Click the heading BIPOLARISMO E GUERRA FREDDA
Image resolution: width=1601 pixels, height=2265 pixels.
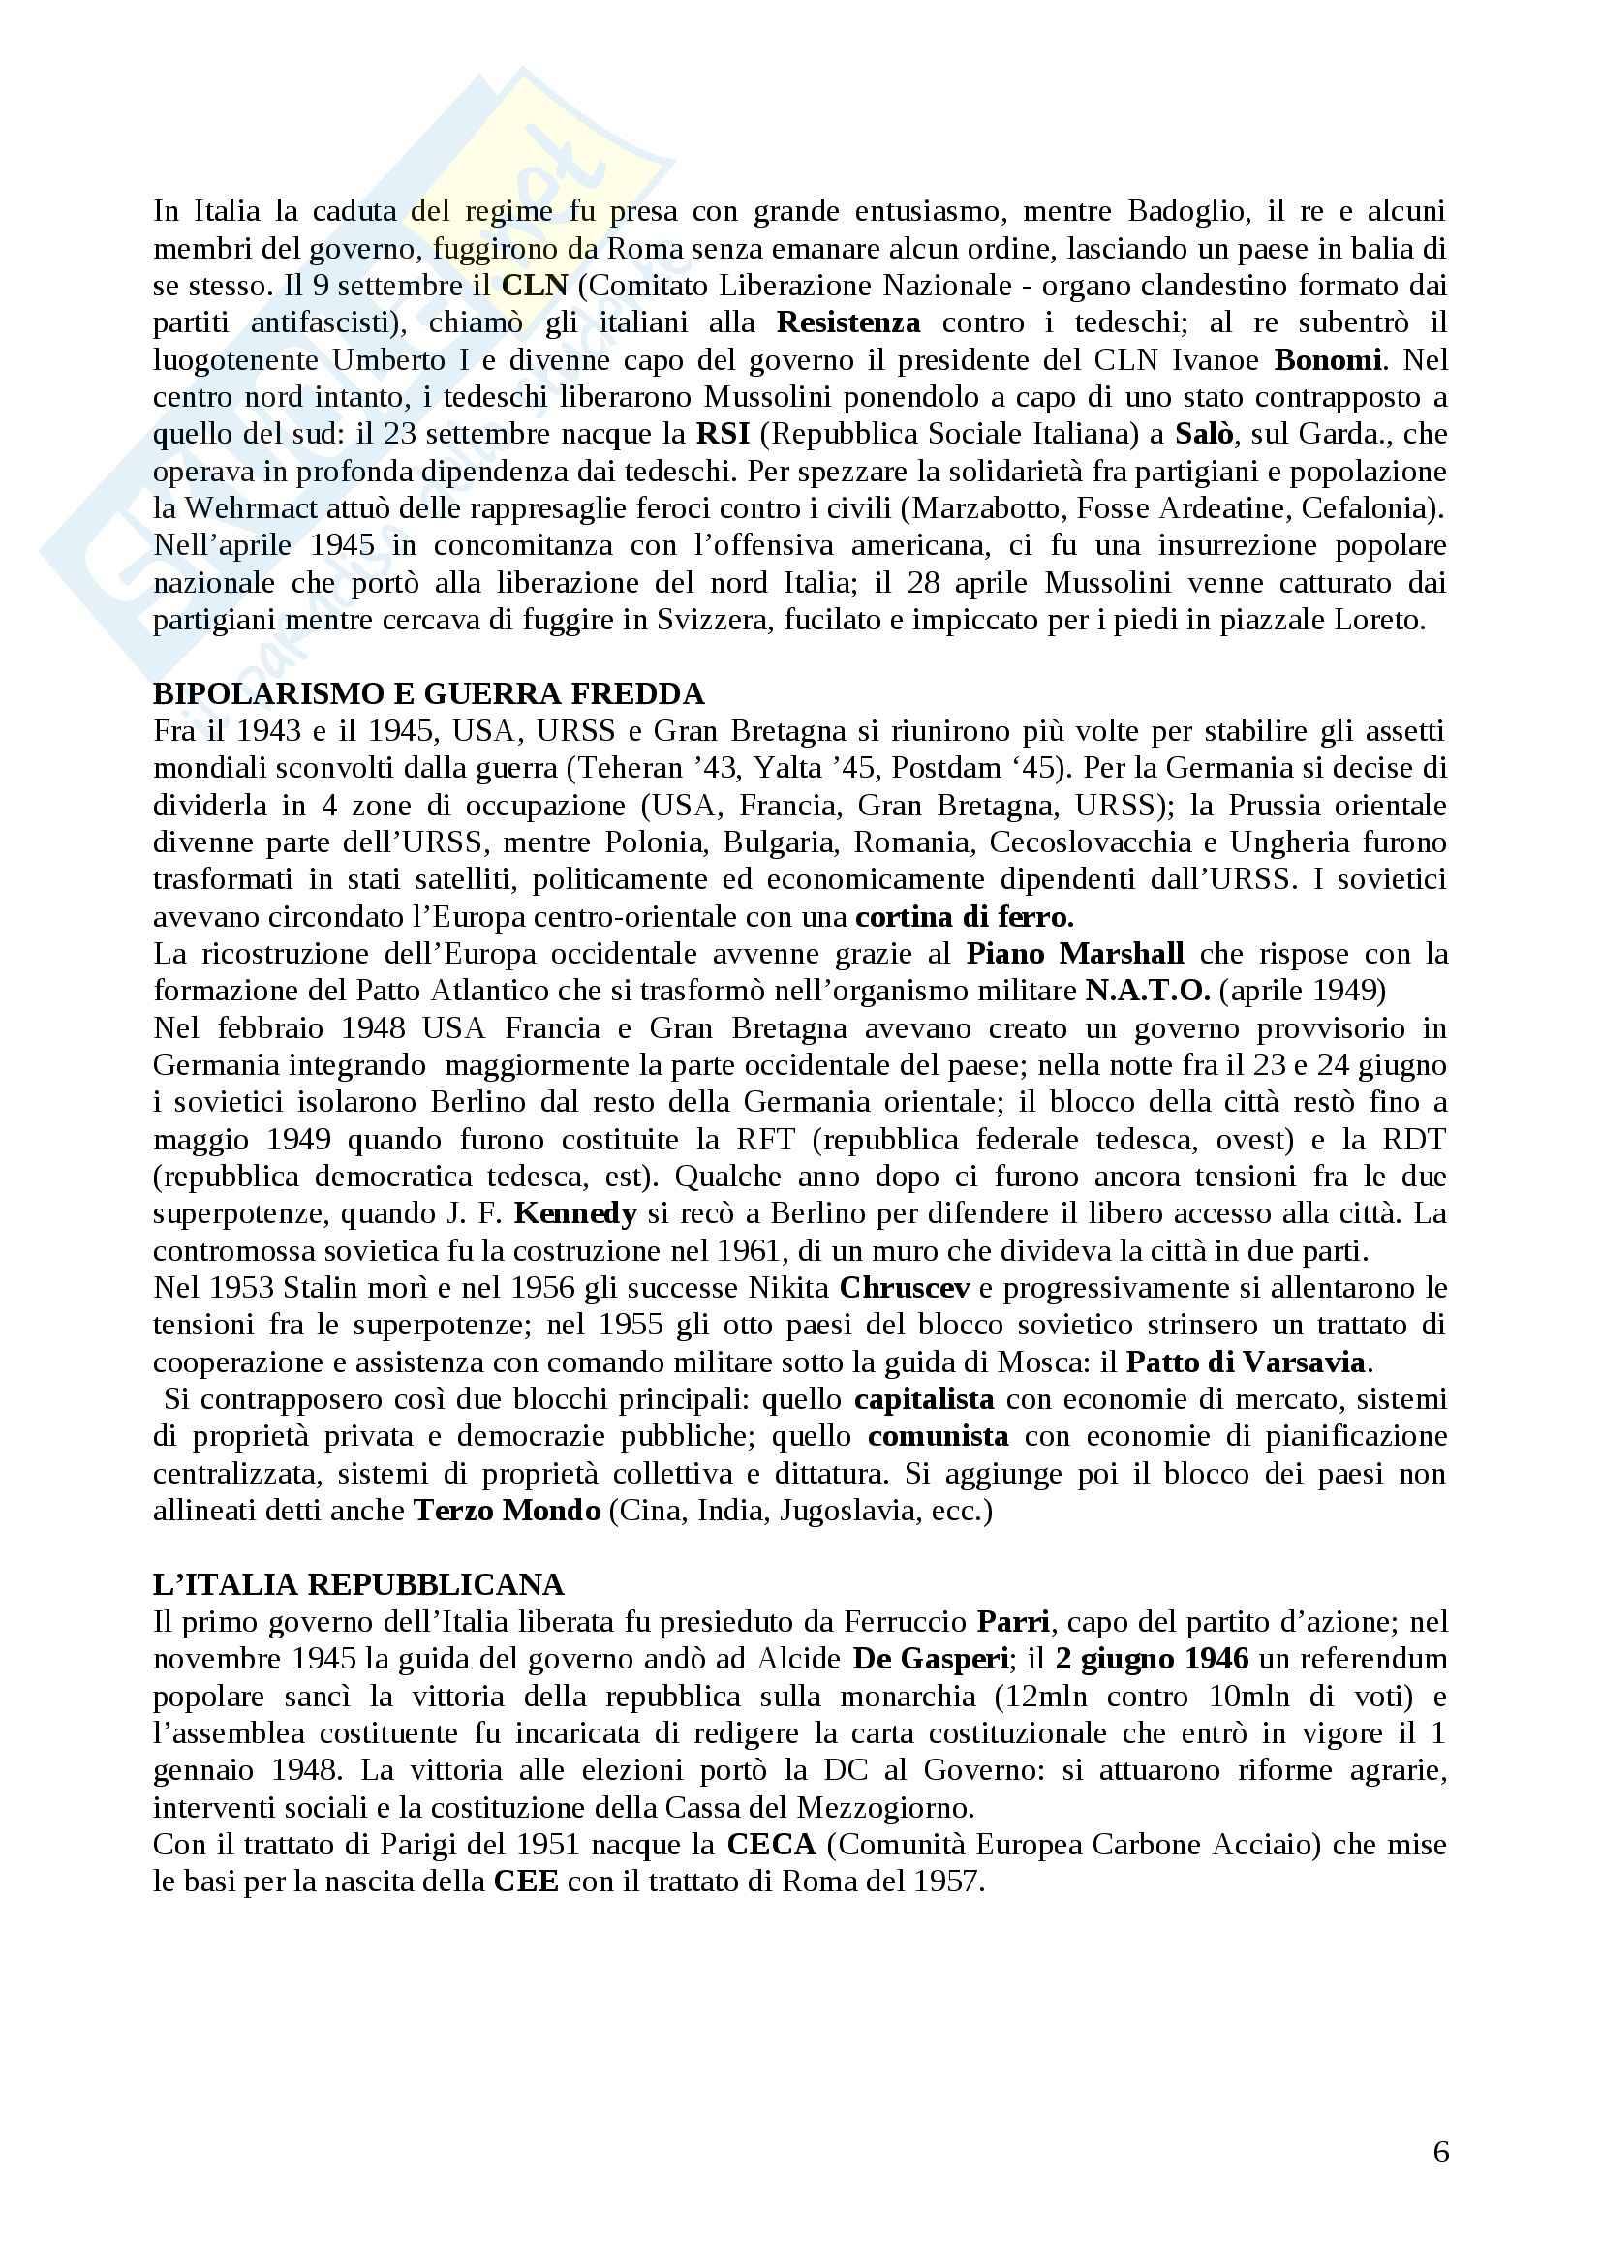(x=428, y=693)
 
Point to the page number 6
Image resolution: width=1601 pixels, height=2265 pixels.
(x=1440, y=2152)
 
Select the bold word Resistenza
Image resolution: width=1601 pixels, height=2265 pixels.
(x=848, y=322)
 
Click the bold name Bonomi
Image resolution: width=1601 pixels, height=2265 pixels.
(x=1327, y=360)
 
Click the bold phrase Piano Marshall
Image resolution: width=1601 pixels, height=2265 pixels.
(x=1074, y=954)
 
